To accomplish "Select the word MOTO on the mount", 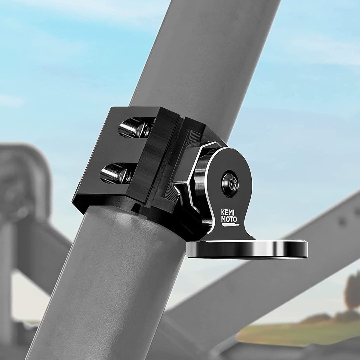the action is pos(229,219).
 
